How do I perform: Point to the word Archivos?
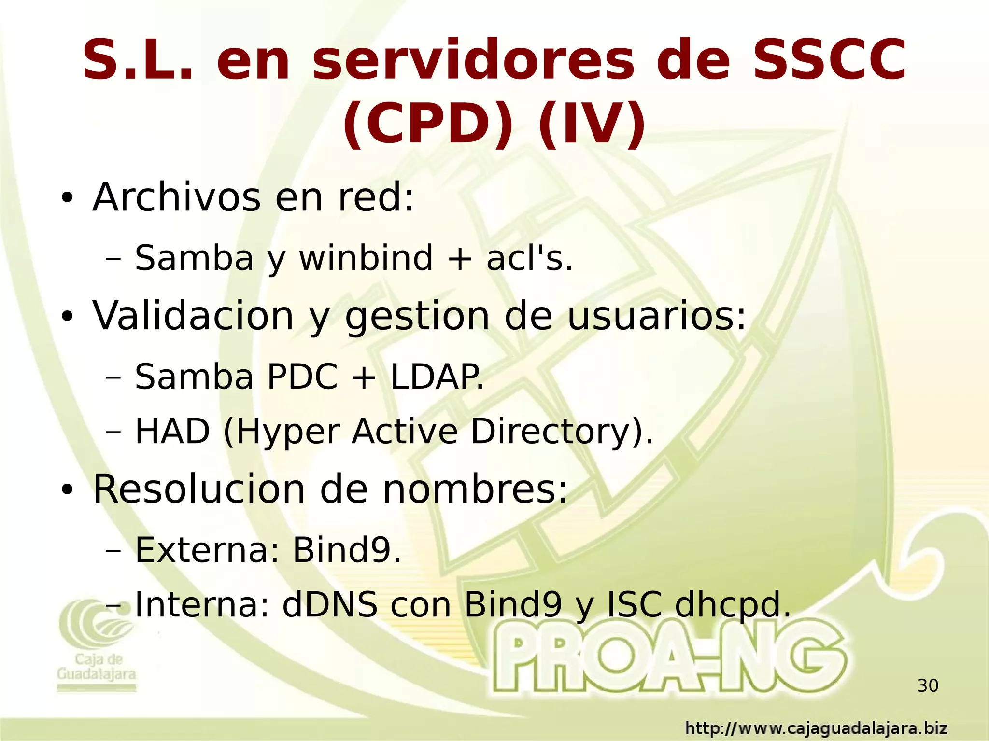[176, 197]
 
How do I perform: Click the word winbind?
[366, 258]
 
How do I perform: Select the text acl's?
[529, 258]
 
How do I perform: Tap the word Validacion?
[193, 316]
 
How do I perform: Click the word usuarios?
[656, 316]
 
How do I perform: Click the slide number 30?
[927, 686]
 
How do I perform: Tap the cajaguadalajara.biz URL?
[816, 728]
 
